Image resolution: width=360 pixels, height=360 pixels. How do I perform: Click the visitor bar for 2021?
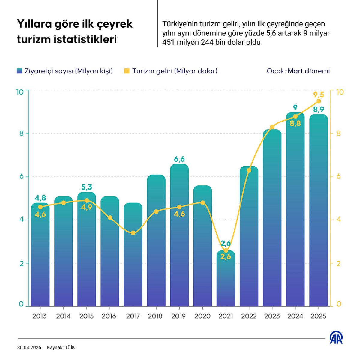point(226,279)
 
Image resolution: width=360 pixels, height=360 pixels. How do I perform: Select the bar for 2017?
point(133,255)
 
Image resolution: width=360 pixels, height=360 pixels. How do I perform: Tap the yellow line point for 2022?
point(249,170)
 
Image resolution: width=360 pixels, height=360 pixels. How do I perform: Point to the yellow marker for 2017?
point(133,233)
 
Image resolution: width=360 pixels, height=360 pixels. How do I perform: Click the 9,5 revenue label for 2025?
point(319,95)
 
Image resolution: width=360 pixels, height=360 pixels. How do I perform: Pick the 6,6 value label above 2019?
point(179,159)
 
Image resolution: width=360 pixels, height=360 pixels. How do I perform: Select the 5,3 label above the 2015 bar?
point(87,187)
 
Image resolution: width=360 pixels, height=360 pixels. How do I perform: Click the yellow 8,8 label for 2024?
point(295,124)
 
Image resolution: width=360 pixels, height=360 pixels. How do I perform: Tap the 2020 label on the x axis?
point(202,316)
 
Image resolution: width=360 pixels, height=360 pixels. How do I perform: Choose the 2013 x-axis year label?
point(40,316)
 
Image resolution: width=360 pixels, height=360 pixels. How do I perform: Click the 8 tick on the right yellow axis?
point(339,133)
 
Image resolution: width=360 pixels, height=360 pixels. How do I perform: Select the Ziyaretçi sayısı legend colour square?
point(20,71)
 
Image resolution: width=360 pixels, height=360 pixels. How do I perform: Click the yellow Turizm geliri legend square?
point(127,71)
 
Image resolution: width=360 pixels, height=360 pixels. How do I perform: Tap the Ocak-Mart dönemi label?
point(298,71)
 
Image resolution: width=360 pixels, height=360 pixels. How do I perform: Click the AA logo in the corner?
point(336,338)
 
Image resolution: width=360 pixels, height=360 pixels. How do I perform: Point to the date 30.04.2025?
point(29,348)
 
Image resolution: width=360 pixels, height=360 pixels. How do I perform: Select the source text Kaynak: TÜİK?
point(61,348)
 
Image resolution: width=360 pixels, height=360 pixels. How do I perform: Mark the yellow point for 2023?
point(272,127)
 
